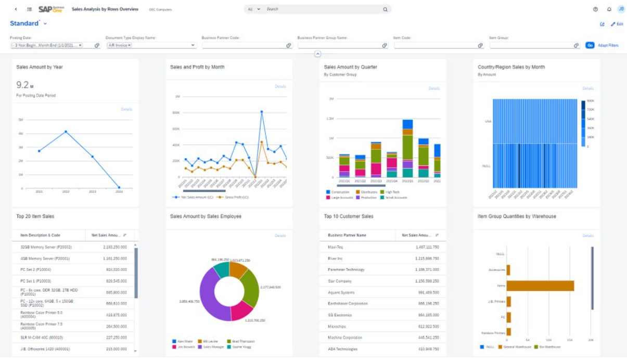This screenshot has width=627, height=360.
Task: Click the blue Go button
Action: point(590,45)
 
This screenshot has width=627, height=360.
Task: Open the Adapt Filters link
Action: point(608,45)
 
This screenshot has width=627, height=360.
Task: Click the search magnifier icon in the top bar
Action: point(385,9)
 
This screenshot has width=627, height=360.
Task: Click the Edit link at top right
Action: point(617,24)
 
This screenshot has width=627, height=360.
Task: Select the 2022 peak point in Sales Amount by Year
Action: point(66,132)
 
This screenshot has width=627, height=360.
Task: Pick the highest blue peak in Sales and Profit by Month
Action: point(261,112)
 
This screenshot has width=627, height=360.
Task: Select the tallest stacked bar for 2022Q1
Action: point(407,148)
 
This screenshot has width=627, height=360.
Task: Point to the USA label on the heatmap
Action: point(488,121)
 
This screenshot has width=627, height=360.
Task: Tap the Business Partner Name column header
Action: point(347,235)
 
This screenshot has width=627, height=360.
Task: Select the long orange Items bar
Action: point(540,286)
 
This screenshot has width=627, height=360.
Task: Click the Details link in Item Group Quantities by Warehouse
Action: point(587,236)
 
